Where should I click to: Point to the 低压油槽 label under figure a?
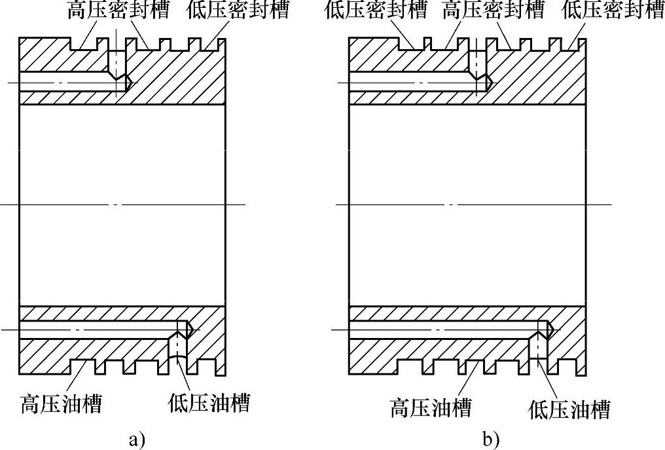[x=209, y=402]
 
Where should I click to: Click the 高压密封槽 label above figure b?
[x=493, y=10]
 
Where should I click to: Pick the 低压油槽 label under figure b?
[x=569, y=410]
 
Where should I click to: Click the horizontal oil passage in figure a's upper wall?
[x=65, y=82]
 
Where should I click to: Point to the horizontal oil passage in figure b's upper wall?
[x=406, y=82]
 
